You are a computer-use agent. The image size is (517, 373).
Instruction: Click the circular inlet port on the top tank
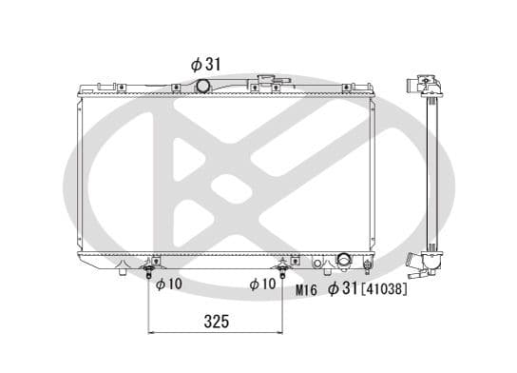click(202, 87)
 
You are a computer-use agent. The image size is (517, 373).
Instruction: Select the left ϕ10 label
click(168, 284)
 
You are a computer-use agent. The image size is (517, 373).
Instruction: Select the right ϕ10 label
click(262, 284)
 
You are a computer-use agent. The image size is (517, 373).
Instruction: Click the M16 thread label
click(306, 289)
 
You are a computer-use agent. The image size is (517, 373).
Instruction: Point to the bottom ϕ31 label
click(343, 288)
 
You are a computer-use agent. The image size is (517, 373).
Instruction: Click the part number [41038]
click(383, 288)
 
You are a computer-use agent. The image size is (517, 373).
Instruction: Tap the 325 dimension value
click(217, 322)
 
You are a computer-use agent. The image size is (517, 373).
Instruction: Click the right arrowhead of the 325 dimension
click(280, 332)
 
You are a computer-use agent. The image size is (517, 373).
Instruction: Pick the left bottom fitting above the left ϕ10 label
click(149, 268)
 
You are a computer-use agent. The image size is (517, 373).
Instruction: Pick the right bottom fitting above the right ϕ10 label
click(283, 268)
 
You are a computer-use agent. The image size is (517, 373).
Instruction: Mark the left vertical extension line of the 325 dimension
click(150, 304)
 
